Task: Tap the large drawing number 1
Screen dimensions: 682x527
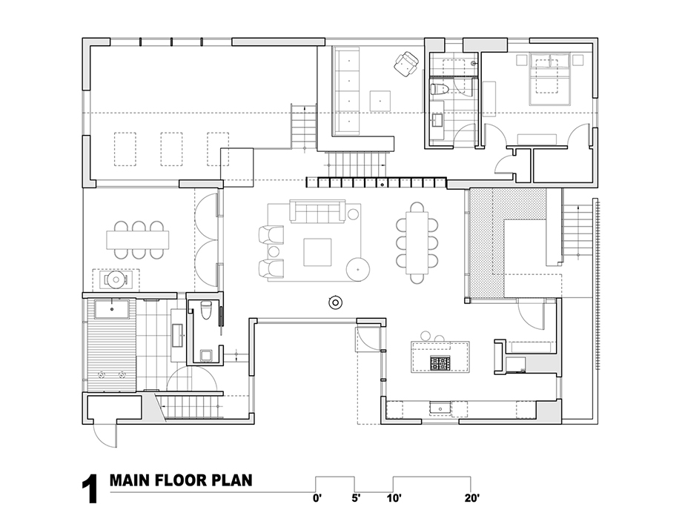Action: tap(90, 490)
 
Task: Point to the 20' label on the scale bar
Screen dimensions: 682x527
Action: tap(471, 498)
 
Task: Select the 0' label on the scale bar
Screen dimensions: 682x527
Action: tap(317, 498)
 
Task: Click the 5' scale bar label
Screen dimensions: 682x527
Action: tap(357, 498)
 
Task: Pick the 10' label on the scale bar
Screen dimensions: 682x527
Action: tap(394, 498)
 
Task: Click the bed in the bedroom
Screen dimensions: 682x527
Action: tap(549, 79)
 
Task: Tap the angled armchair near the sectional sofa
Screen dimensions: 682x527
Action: tap(407, 64)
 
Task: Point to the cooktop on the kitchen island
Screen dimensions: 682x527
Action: tap(440, 363)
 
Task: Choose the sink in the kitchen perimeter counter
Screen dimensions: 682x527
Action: tap(440, 408)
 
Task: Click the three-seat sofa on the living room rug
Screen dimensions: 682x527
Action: tap(317, 211)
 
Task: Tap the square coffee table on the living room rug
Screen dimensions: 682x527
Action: tap(317, 252)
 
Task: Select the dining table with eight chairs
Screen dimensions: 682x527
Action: tap(417, 242)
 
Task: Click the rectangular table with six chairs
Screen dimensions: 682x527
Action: tap(138, 239)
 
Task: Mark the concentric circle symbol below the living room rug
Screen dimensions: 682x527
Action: tap(335, 302)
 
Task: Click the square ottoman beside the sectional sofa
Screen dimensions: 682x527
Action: tap(380, 101)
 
